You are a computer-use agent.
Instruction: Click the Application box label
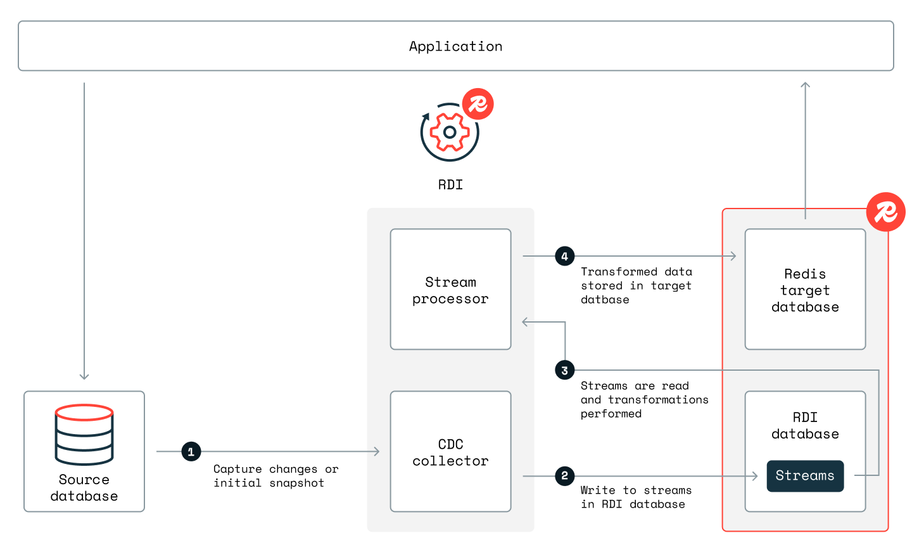coord(455,46)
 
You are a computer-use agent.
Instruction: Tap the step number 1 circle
coord(191,452)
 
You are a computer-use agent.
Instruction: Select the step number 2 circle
coord(564,476)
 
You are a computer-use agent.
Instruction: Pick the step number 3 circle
coord(564,370)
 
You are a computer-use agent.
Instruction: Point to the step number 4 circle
coord(564,256)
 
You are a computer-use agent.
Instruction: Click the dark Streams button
coord(805,476)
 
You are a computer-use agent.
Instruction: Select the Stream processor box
coord(450,289)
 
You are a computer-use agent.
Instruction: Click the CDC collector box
coord(450,451)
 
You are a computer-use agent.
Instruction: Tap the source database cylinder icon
coord(84,435)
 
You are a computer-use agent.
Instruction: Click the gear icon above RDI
coord(450,132)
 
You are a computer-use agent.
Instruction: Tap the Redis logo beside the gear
coord(478,104)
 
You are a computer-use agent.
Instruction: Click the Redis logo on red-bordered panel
coord(885,212)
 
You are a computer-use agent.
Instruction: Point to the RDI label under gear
coord(450,185)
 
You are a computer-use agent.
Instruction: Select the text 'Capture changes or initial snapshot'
coord(275,476)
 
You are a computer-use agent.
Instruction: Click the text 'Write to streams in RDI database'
coord(635,497)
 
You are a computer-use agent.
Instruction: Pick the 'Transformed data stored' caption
coord(636,285)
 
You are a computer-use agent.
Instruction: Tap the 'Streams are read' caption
coord(644,399)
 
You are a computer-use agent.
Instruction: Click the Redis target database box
coord(805,289)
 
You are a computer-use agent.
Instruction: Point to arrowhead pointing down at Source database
coord(84,376)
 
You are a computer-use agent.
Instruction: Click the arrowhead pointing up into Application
coord(805,85)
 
